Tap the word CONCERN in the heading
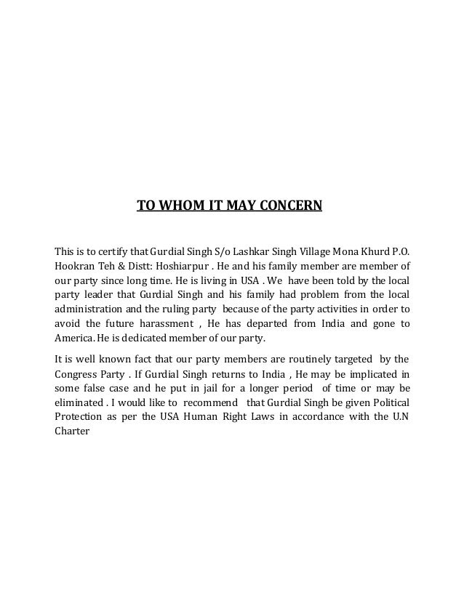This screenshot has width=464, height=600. tap(289, 206)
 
